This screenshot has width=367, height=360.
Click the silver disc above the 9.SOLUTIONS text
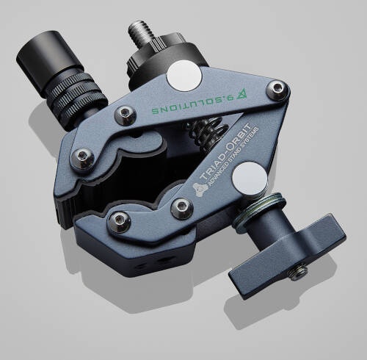point(184,76)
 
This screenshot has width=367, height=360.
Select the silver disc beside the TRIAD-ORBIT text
point(250,179)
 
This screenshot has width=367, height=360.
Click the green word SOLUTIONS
point(187,106)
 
